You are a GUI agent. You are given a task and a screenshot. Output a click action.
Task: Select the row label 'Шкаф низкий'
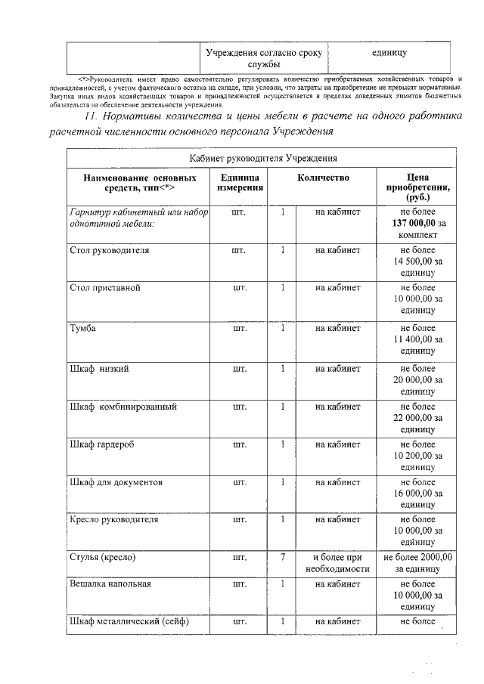point(98,368)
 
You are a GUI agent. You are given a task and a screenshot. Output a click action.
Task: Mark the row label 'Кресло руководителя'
point(113,520)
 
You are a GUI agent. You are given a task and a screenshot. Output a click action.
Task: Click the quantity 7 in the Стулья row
point(282,557)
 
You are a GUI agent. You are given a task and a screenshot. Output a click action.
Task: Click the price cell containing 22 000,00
point(417,418)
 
